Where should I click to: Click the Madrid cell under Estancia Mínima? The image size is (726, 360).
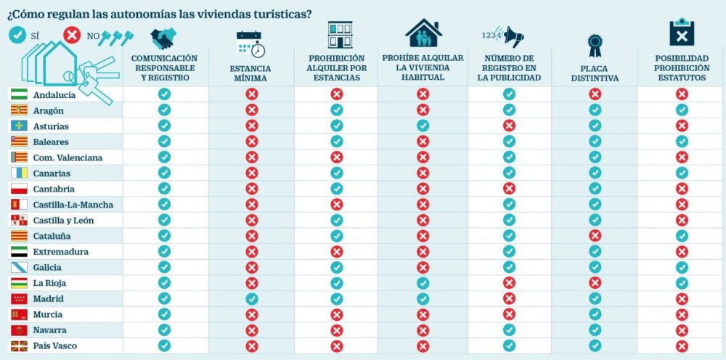point(251,299)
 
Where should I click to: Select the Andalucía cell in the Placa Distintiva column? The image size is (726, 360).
point(595,94)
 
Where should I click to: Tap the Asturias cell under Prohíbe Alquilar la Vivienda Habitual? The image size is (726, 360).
point(423,126)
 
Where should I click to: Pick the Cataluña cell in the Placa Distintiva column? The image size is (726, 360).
point(595,236)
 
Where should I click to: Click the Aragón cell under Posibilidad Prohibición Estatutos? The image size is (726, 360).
point(681,110)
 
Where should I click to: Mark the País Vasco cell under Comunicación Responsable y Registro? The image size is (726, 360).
point(164,346)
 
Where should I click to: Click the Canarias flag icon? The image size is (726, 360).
point(19,173)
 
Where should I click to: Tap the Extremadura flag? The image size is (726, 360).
point(19,252)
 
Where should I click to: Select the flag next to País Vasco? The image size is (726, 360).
point(19,346)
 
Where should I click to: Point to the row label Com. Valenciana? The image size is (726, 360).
point(68,157)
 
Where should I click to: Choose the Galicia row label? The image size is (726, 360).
point(47,268)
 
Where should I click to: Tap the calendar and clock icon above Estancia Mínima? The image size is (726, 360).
point(250,43)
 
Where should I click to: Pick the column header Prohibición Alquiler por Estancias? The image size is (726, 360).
point(336,68)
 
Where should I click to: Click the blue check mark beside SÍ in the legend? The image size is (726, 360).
point(17,34)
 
